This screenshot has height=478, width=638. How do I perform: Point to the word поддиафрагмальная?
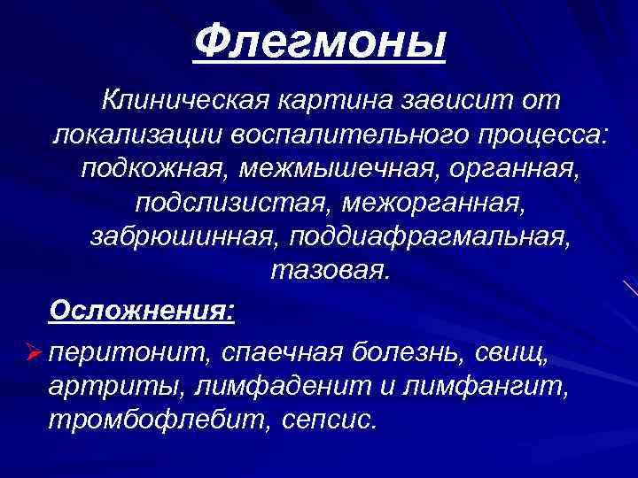click(413, 235)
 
